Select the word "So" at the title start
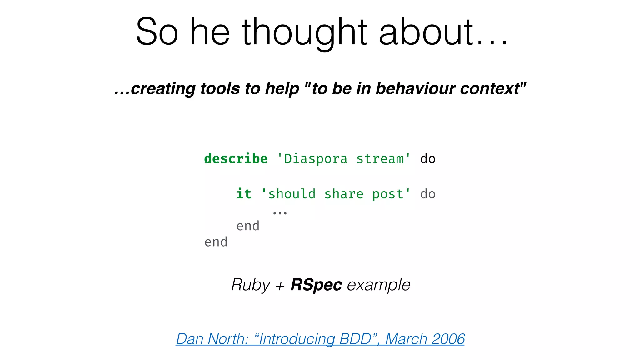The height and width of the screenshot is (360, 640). (157, 32)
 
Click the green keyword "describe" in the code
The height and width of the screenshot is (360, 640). (236, 159)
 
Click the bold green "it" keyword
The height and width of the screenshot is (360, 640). (244, 194)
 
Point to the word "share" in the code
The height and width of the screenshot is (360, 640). (344, 194)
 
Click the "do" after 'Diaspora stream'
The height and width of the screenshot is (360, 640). (428, 159)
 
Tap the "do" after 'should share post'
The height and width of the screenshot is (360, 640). (428, 194)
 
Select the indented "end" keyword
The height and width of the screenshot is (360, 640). (248, 226)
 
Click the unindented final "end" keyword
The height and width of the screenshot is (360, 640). (216, 242)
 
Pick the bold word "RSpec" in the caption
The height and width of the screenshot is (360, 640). (316, 285)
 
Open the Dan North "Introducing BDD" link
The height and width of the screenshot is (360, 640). (320, 339)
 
